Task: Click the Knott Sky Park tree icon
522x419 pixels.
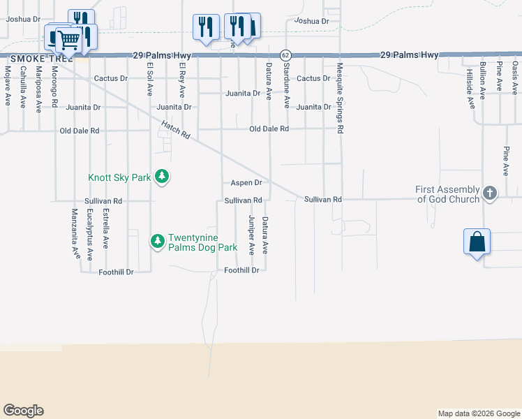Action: point(162,177)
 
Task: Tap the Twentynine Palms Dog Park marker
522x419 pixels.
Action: point(158,242)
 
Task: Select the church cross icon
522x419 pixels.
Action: point(490,194)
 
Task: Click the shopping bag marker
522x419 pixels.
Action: point(477,243)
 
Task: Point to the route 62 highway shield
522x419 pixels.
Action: point(285,54)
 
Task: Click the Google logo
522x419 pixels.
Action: point(23,411)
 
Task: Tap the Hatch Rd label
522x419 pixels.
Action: point(175,131)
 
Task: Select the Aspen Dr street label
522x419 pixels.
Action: point(246,183)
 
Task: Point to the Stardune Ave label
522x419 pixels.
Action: point(286,85)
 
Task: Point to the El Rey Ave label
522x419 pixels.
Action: point(181,81)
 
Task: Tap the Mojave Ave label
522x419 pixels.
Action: point(8,84)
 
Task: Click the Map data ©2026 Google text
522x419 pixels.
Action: point(478,413)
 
